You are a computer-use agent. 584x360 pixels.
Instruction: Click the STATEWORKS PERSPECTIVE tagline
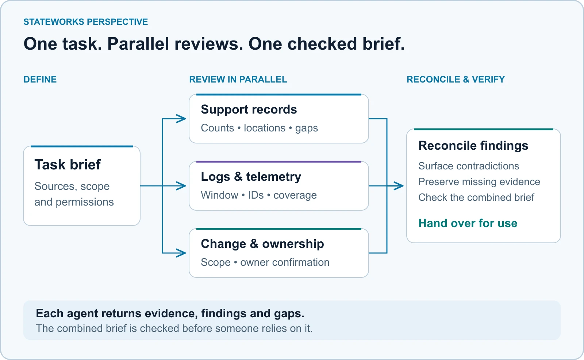(85, 22)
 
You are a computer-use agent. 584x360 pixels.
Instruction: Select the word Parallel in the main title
(138, 43)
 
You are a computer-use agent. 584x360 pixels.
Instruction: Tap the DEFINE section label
(40, 79)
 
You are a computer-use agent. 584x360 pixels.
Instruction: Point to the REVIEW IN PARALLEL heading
(238, 79)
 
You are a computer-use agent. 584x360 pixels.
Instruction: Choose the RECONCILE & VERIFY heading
(456, 79)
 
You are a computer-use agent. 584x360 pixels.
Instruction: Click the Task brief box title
(68, 165)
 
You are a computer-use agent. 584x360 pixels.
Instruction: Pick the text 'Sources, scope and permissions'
(74, 194)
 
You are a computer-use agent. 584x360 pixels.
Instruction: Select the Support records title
(249, 109)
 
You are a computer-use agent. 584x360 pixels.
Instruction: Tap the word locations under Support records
(265, 128)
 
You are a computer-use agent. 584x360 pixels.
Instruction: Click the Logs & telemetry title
(251, 177)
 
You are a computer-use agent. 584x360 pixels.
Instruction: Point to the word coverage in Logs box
(295, 195)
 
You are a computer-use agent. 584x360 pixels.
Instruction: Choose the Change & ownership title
(262, 244)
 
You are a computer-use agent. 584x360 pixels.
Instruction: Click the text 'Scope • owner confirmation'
(265, 262)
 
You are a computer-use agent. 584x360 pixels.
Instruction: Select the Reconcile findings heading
(473, 146)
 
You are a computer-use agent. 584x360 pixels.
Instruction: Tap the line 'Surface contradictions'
(469, 166)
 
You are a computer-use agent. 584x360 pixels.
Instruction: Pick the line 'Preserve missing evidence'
(479, 182)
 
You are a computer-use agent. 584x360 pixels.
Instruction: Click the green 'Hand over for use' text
(468, 223)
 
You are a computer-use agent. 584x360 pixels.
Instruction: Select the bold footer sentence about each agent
(170, 313)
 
